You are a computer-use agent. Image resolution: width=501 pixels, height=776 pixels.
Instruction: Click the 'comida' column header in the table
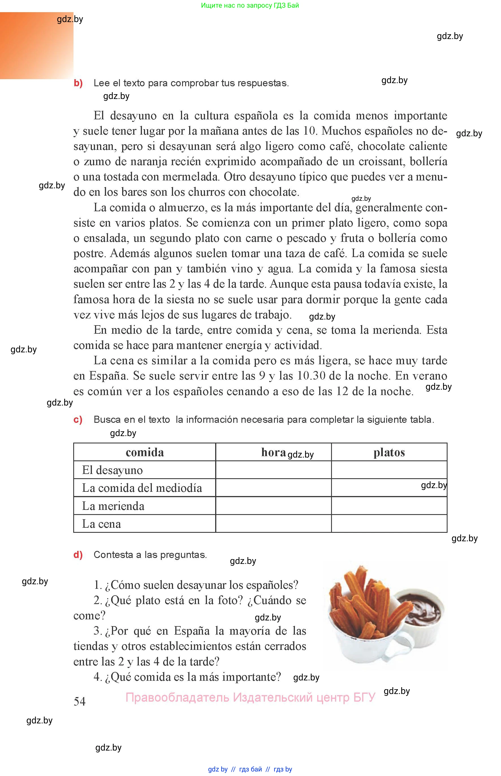(145, 452)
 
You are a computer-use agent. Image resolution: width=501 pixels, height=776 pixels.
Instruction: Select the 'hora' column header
(273, 452)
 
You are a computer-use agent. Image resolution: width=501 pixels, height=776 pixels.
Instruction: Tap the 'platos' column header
(389, 452)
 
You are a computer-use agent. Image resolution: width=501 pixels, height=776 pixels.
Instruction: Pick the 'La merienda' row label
(113, 506)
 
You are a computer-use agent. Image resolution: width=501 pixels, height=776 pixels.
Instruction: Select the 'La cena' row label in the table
(101, 524)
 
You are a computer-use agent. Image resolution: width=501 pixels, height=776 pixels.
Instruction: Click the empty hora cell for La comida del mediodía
(273, 488)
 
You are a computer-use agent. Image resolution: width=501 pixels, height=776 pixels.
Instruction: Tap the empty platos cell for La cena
(389, 523)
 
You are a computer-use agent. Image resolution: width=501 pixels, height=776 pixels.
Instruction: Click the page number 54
(80, 701)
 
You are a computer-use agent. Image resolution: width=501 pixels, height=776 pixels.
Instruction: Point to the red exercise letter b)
(78, 83)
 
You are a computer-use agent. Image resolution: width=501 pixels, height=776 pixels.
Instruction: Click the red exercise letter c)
(78, 420)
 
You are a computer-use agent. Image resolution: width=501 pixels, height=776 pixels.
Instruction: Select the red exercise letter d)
(78, 555)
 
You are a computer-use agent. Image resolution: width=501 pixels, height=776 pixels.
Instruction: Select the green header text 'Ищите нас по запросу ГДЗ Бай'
(250, 5)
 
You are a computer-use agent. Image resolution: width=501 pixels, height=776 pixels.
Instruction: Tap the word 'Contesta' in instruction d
(113, 555)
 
